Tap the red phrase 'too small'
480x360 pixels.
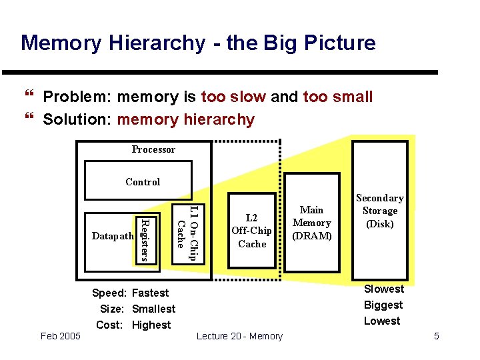pos(337,97)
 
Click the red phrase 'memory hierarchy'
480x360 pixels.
pos(185,120)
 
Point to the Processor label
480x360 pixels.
pos(153,149)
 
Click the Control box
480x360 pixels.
pos(143,182)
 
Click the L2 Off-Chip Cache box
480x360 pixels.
pos(251,231)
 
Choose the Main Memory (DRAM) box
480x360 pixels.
pos(311,223)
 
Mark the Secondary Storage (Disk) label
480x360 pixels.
pos(380,211)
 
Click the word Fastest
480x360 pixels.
pos(151,293)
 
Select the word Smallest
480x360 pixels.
pos(154,309)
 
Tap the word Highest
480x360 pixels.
pos(152,325)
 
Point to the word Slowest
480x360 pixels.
pos(383,289)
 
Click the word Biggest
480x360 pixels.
pos(383,305)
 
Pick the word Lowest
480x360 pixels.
pos(382,321)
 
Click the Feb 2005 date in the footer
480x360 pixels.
pos(60,336)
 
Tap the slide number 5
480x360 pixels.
pos(437,336)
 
